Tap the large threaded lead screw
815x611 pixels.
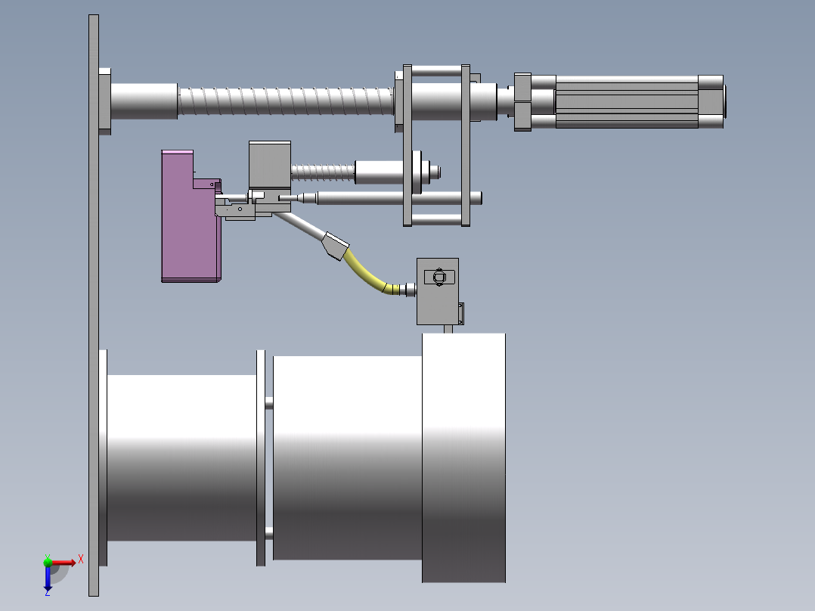(x=285, y=101)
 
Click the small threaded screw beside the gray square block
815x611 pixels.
(x=323, y=172)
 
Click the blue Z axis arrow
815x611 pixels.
(x=48, y=578)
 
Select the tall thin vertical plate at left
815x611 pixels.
(x=94, y=305)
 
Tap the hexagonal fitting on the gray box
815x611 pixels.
(x=439, y=277)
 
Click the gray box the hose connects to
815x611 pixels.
(x=438, y=291)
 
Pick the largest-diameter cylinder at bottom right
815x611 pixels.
(x=463, y=457)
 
